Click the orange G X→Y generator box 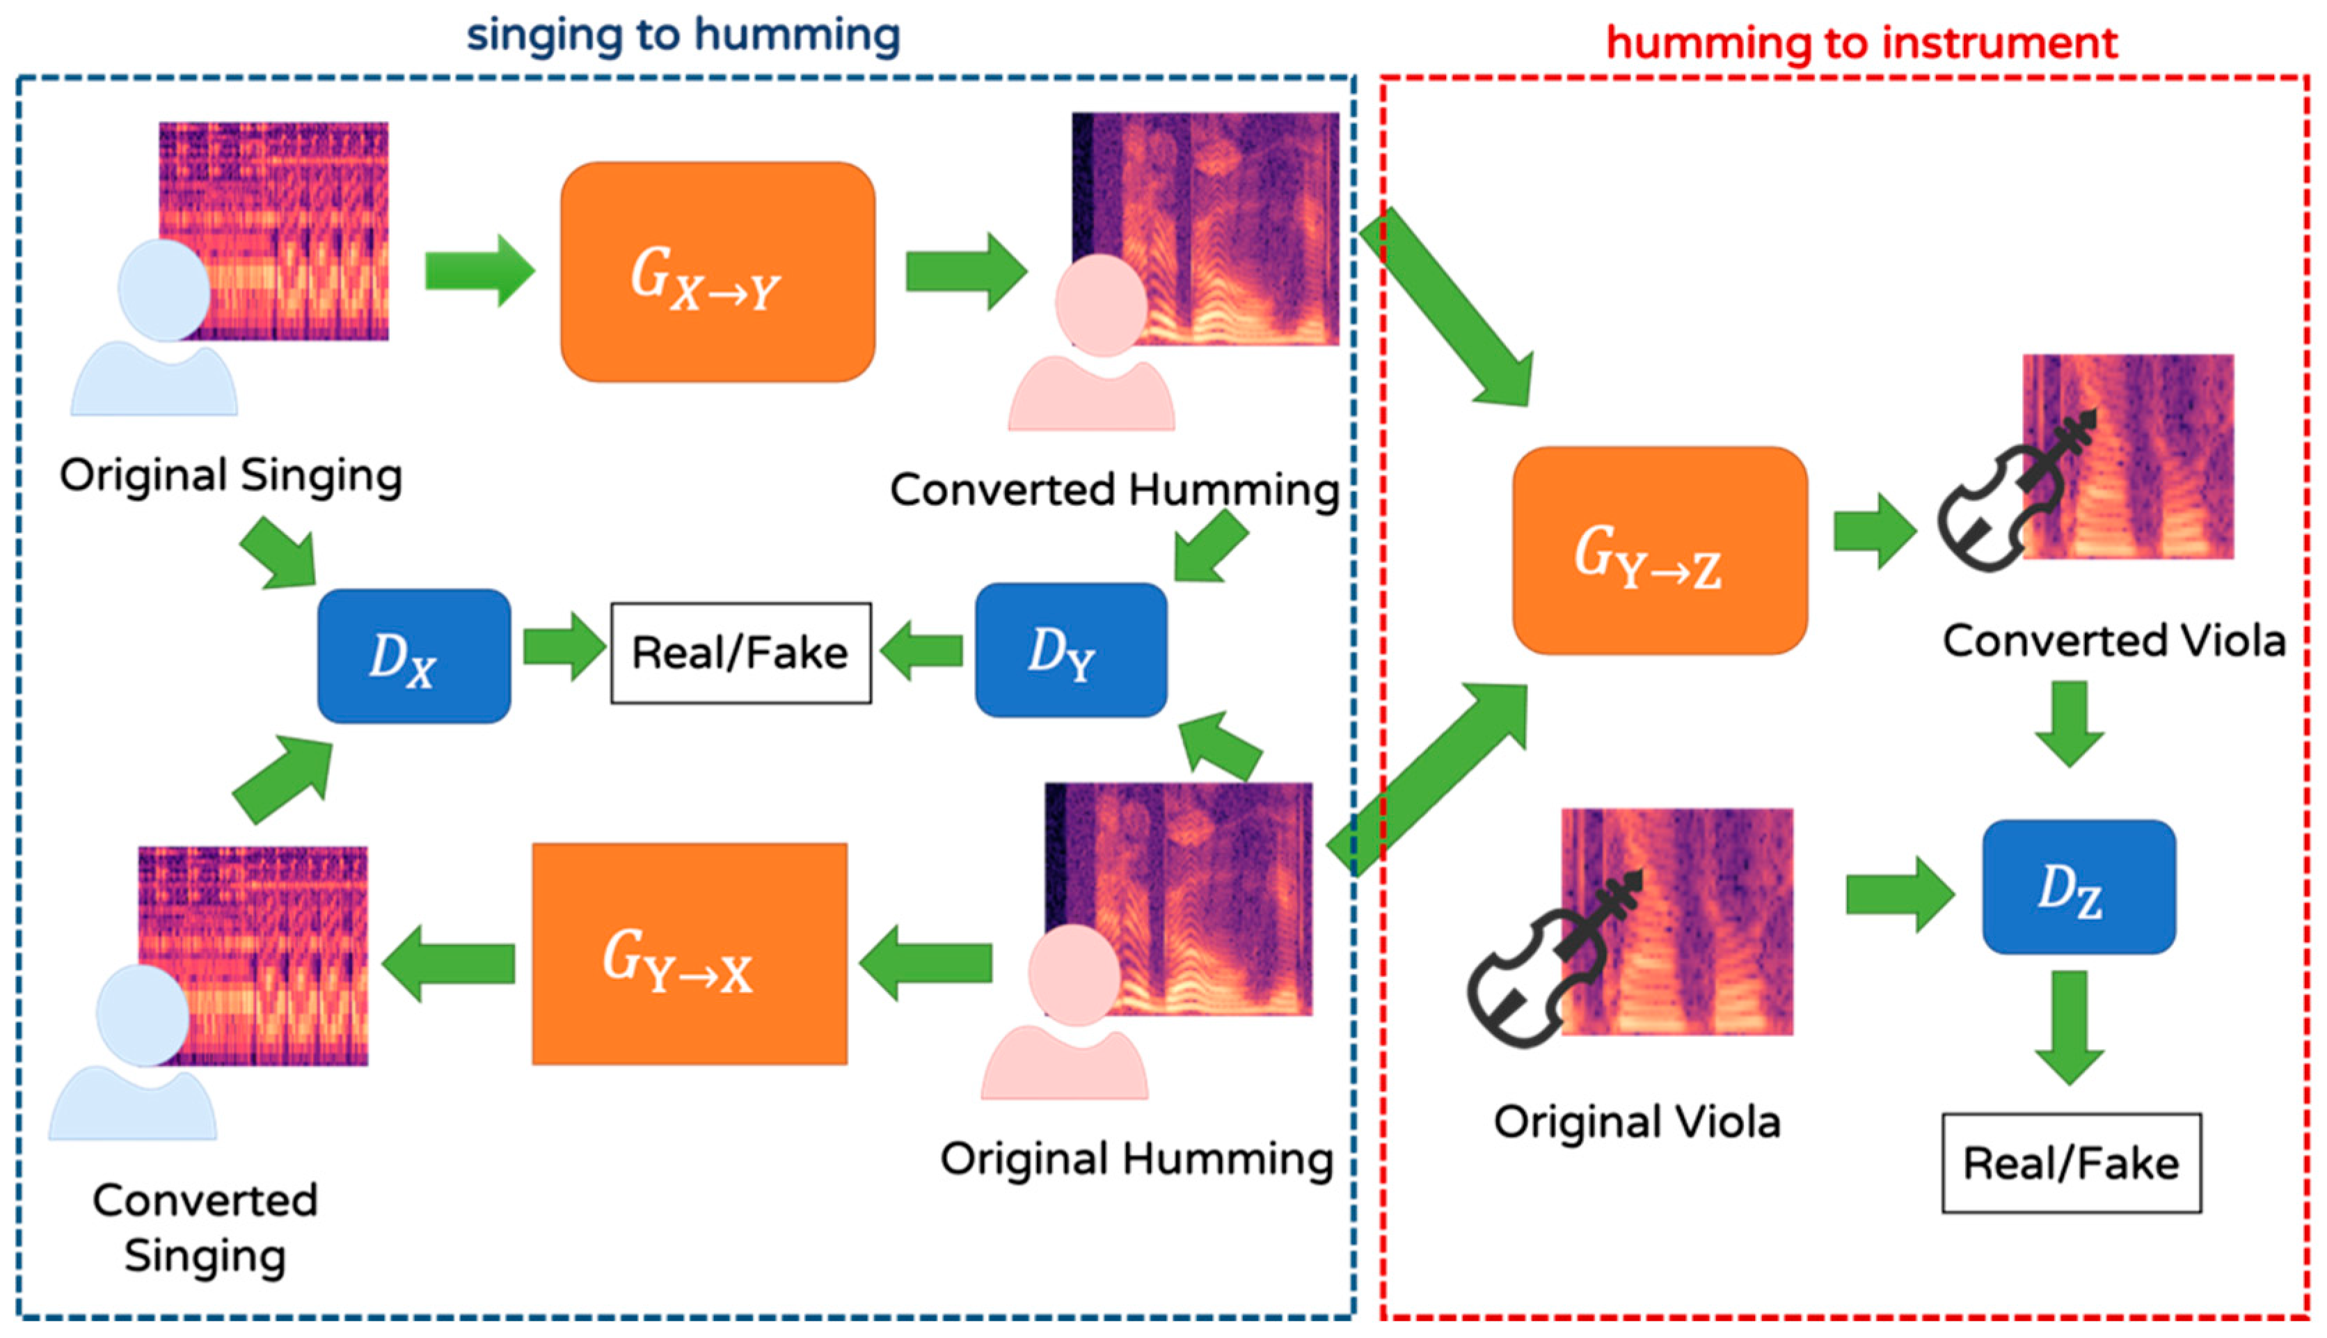pos(717,272)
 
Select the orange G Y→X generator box pos(690,954)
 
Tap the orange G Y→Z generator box pos(1660,550)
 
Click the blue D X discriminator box pos(413,656)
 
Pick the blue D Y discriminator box pos(1071,650)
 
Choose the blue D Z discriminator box pos(2078,887)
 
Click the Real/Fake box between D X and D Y pos(740,653)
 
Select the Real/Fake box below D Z pos(2071,1163)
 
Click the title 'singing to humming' pos(683,35)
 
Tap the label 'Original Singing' pos(230,476)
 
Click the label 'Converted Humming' pos(1114,489)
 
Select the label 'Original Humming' pos(1136,1158)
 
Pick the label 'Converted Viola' pos(2113,641)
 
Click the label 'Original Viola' pos(1637,1122)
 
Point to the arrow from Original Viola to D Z pos(1897,893)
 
